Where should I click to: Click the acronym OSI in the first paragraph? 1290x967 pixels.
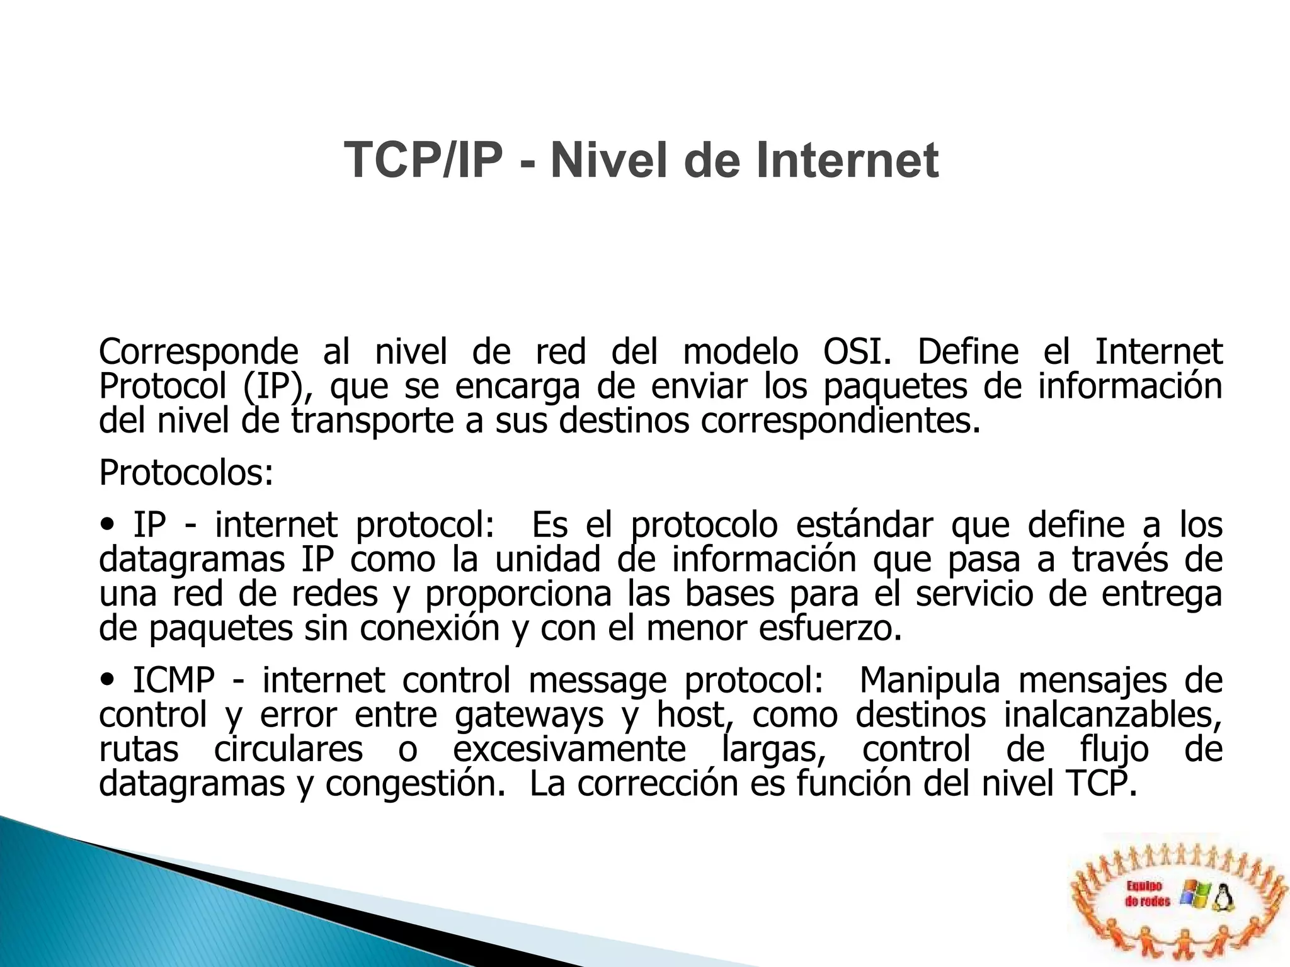click(x=857, y=352)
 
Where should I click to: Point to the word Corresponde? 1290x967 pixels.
click(x=198, y=353)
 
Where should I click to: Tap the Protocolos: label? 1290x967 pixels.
click(x=186, y=473)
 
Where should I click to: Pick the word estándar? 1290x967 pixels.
click(x=864, y=525)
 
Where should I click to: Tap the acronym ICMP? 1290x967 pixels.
click(x=174, y=681)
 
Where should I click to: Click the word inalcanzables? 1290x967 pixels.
click(x=1112, y=715)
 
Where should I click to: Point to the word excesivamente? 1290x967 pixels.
click(x=569, y=750)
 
